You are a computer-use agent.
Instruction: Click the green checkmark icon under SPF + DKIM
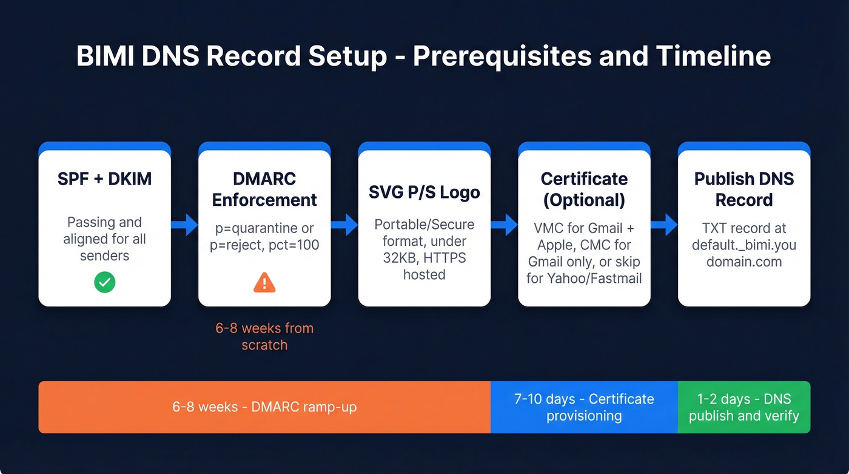[104, 282]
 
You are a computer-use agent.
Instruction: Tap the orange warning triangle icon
[264, 282]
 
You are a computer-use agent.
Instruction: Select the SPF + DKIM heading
[104, 178]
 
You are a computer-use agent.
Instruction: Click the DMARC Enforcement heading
[264, 189]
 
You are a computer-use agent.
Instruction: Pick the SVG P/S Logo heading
[424, 192]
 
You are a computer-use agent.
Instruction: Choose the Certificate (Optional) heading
[584, 189]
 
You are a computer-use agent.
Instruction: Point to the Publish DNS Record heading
[743, 189]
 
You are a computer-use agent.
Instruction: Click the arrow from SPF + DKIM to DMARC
[184, 225]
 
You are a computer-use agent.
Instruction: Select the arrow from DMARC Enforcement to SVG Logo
[344, 225]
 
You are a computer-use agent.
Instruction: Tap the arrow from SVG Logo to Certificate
[504, 225]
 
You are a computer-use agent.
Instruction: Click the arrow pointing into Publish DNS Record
[664, 225]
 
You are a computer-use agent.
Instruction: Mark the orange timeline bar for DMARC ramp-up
[264, 407]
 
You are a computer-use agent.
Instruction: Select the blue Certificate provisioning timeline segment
[584, 407]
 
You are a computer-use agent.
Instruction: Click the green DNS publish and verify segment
[743, 407]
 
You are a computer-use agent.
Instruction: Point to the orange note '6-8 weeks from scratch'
[264, 336]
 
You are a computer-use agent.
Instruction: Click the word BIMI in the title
[101, 56]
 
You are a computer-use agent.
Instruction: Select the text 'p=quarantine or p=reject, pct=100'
[264, 237]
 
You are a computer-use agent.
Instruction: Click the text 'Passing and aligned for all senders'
[104, 239]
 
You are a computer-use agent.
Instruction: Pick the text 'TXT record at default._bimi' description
[743, 245]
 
